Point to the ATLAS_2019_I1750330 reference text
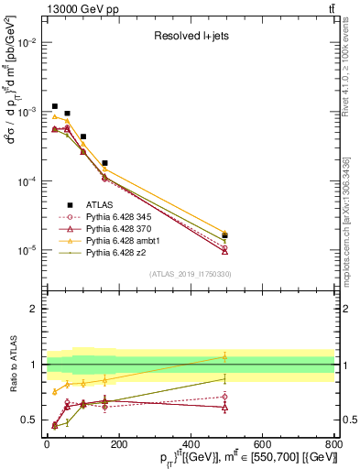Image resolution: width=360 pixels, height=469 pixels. click(189, 274)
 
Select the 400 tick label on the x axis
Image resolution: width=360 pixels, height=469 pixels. click(190, 444)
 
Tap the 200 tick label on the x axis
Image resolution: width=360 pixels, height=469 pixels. click(119, 444)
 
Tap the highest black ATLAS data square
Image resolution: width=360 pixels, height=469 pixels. click(55, 106)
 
